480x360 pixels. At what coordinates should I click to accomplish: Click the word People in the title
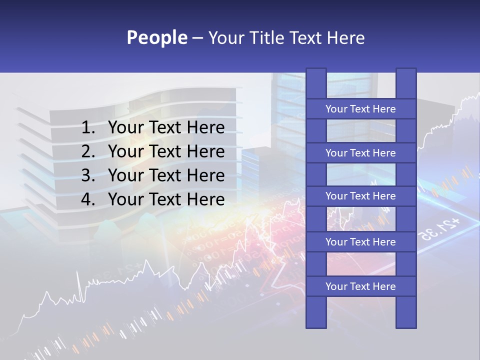point(156,37)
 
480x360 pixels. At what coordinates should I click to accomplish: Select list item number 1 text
point(166,128)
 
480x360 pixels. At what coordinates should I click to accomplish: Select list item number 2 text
point(166,151)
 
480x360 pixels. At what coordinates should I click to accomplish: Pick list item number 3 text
point(166,175)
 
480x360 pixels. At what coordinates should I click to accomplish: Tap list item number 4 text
point(166,199)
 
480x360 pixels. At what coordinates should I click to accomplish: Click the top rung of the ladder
point(360,109)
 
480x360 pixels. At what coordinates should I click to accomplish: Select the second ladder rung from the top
point(360,153)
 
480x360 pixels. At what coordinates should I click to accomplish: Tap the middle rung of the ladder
point(360,196)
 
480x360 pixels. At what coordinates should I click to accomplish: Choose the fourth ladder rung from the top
point(360,242)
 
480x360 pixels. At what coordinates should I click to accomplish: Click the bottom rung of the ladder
point(360,286)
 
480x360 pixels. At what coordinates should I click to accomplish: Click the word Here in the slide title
point(345,37)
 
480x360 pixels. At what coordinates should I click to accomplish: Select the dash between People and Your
point(197,38)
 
